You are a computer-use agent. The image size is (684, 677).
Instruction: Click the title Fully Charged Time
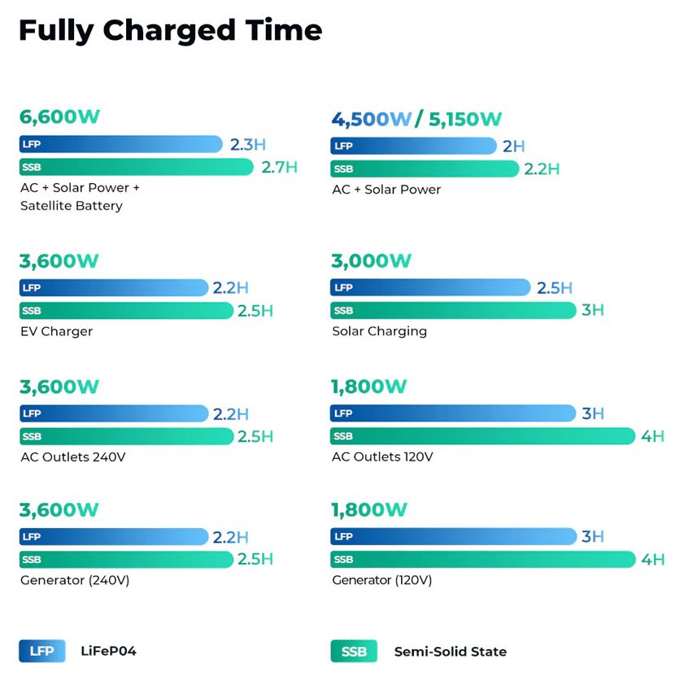pyautogui.click(x=170, y=31)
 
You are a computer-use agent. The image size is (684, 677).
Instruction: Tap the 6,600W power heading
pyautogui.click(x=59, y=117)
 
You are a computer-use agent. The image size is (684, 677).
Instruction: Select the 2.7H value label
pyautogui.click(x=279, y=168)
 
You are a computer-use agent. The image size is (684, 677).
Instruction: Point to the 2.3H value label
pyautogui.click(x=247, y=145)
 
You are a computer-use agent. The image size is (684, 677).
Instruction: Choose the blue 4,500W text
pyautogui.click(x=371, y=120)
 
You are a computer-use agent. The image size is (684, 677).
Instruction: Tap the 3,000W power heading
pyautogui.click(x=371, y=261)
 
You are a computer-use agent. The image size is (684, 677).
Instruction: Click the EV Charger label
pyautogui.click(x=57, y=331)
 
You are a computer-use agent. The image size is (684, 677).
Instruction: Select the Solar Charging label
pyautogui.click(x=379, y=331)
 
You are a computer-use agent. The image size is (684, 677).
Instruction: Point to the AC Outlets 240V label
pyautogui.click(x=73, y=456)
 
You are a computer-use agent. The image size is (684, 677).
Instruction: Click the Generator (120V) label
pyautogui.click(x=381, y=580)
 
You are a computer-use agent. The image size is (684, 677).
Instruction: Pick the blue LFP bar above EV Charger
pyautogui.click(x=114, y=287)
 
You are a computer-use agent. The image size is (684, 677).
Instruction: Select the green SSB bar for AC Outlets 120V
pyautogui.click(x=482, y=436)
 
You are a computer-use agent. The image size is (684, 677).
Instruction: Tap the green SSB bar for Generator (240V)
pyautogui.click(x=126, y=560)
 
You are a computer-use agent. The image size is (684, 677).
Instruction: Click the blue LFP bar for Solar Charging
pyautogui.click(x=429, y=287)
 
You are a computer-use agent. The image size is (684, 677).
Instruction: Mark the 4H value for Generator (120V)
pyautogui.click(x=652, y=560)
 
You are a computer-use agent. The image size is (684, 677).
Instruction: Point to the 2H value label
pyautogui.click(x=513, y=146)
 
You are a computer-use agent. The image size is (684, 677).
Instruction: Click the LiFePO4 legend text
pyautogui.click(x=108, y=651)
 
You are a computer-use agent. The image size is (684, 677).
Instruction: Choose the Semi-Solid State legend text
pyautogui.click(x=450, y=652)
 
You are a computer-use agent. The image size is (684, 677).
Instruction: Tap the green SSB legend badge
pyautogui.click(x=353, y=652)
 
